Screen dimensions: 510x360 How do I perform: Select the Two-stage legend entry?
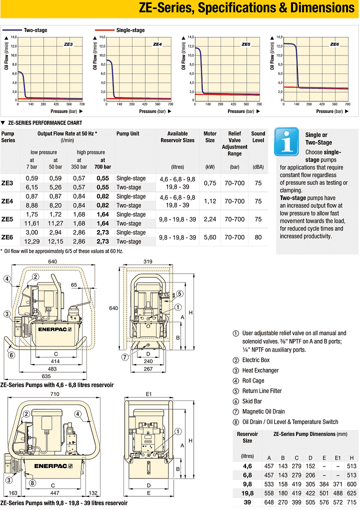35,30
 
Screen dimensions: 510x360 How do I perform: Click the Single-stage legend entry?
130,30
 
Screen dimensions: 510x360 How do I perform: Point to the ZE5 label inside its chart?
245,44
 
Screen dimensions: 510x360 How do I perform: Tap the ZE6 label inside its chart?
334,44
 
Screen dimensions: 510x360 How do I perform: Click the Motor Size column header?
210,137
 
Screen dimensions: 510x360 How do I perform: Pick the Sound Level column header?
258,137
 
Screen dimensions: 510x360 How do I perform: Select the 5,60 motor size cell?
210,237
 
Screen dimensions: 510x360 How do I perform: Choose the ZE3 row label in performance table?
7,183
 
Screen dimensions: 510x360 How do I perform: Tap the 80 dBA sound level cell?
258,237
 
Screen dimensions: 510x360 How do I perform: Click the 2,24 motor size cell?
210,219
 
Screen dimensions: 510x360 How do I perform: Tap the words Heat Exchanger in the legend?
260,370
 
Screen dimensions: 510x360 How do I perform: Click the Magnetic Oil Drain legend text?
263,411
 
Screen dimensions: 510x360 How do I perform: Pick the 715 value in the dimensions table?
351,502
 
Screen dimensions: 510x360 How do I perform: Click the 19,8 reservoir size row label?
247,492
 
